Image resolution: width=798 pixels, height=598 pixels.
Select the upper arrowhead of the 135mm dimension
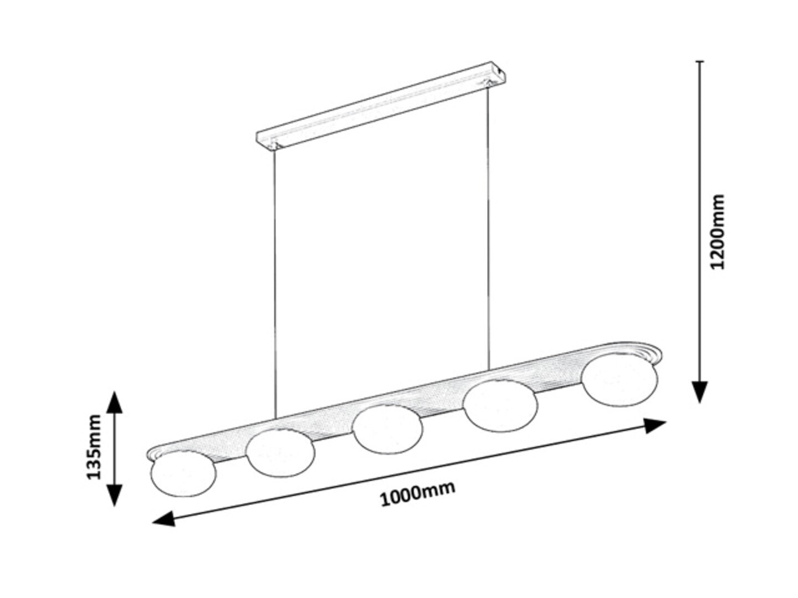114,403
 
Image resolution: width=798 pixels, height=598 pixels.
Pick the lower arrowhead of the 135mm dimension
114,494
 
